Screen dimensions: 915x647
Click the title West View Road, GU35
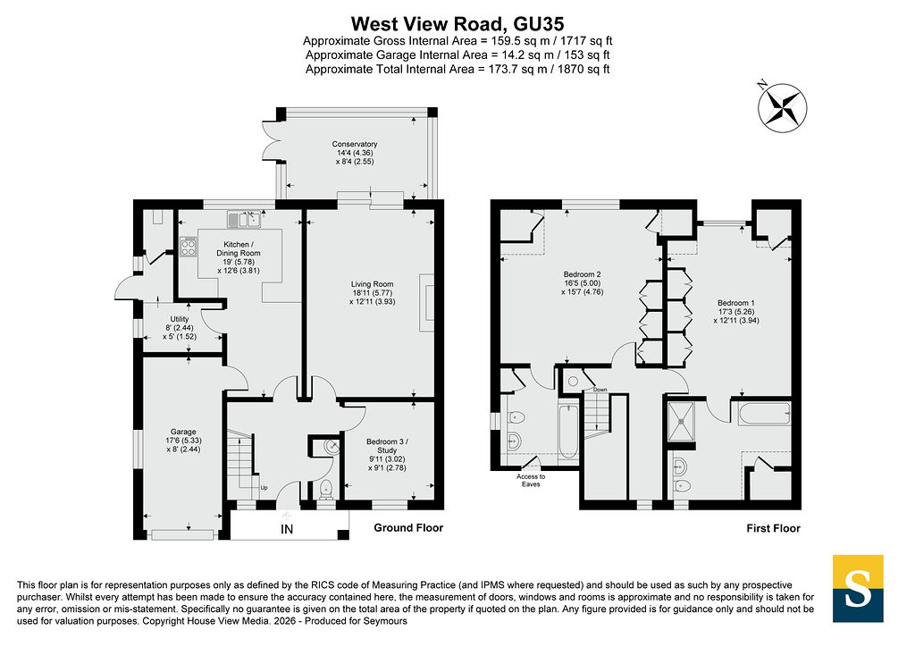point(457,24)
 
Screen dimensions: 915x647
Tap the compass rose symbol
point(782,107)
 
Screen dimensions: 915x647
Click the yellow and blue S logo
point(857,588)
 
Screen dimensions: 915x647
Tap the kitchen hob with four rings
point(188,246)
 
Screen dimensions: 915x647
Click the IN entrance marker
point(287,529)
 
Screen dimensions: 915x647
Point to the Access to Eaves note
point(531,480)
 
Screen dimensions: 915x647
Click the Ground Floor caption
point(408,528)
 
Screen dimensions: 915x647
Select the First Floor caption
point(773,528)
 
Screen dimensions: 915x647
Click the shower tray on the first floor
point(681,421)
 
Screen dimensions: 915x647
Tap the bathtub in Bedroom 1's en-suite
point(764,414)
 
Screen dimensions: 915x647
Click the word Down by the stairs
point(600,390)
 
